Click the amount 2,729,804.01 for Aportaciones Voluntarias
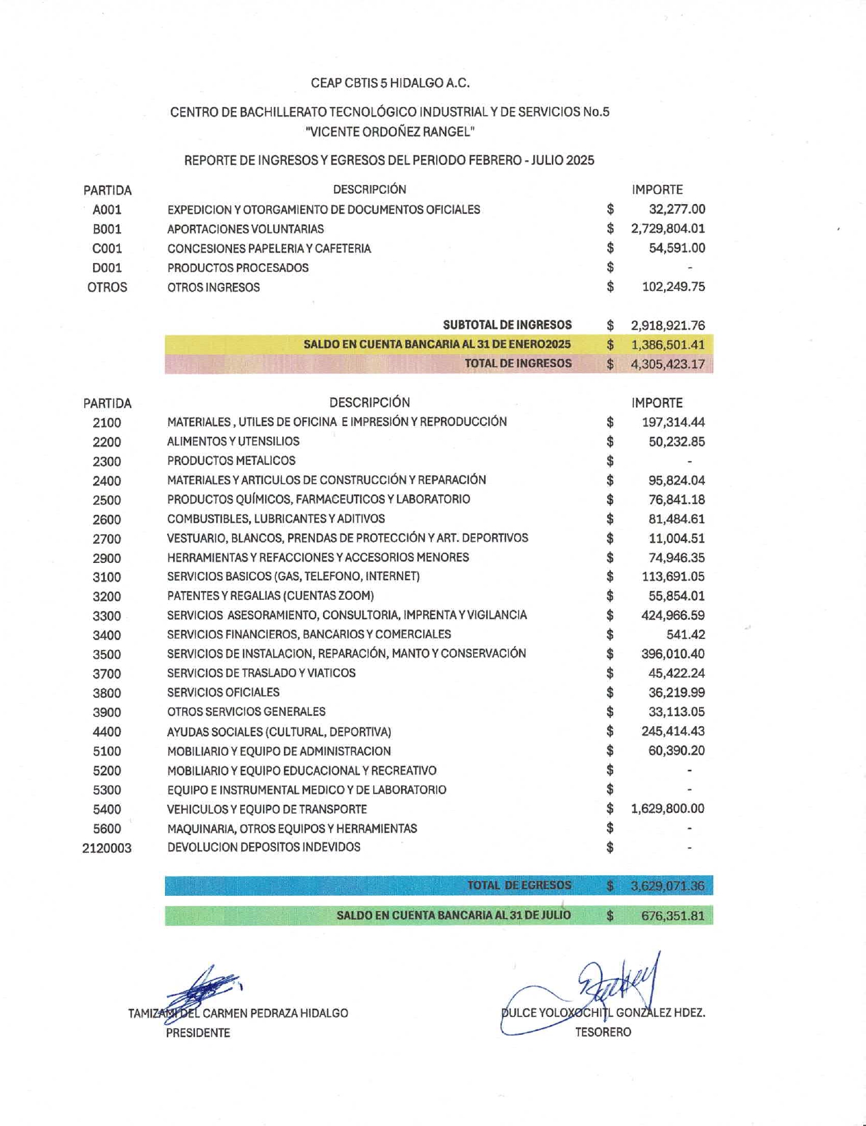[667, 229]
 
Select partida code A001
[107, 210]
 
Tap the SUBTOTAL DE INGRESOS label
[507, 325]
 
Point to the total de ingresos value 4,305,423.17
[667, 364]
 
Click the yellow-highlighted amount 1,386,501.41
[667, 345]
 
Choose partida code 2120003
[107, 849]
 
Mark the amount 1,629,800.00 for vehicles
[667, 809]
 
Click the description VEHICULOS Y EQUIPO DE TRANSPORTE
[267, 810]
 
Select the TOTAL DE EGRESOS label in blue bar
[519, 886]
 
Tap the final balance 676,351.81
[673, 916]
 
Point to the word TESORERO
[603, 1032]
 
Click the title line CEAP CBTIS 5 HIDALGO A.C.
[390, 84]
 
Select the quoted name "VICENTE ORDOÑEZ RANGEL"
[390, 132]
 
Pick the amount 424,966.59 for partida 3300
[673, 616]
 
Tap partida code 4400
[107, 732]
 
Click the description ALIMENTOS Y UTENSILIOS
[233, 442]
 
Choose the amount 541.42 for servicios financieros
[685, 635]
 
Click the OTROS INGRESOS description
[214, 288]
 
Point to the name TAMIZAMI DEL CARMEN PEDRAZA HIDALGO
[238, 1013]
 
